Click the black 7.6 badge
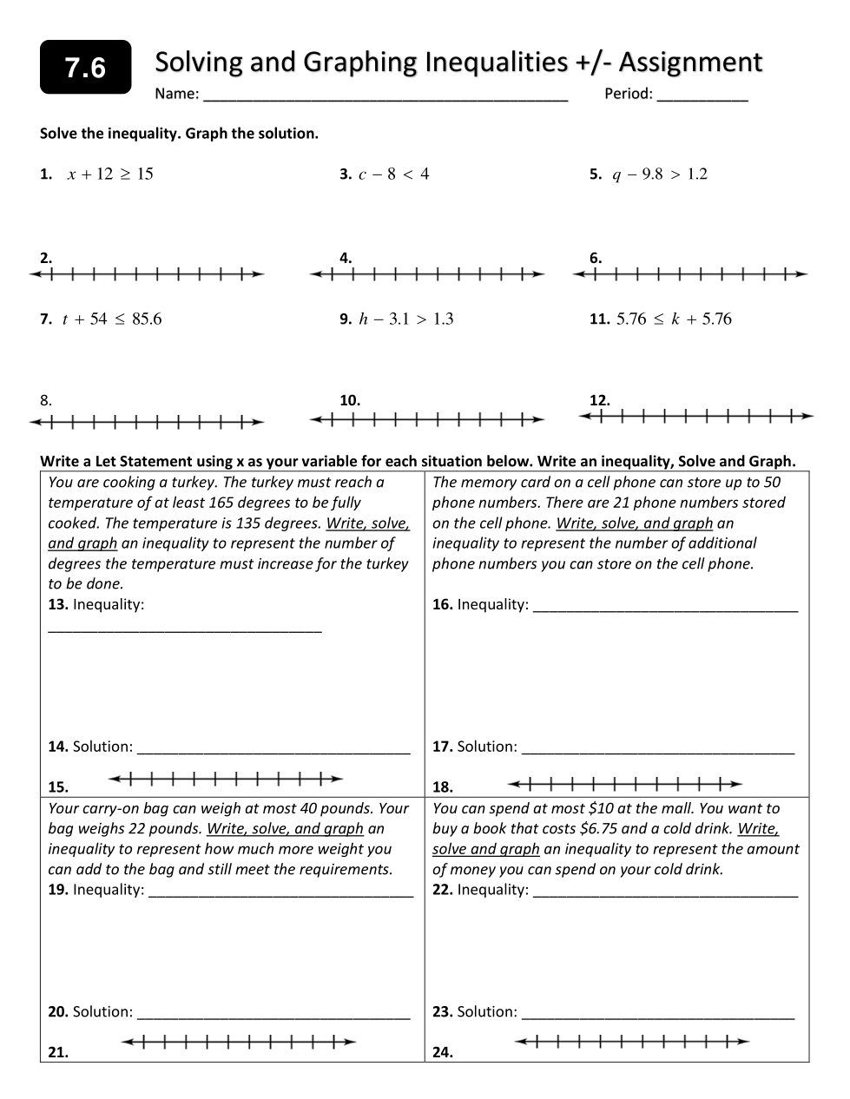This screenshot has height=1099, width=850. [x=85, y=67]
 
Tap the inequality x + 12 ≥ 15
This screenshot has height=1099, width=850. [x=110, y=174]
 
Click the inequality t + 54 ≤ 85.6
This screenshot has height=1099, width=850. [x=112, y=319]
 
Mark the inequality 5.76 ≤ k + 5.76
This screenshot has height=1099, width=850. [x=674, y=319]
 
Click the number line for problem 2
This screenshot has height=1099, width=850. [x=147, y=275]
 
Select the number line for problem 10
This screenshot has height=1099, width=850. [x=427, y=421]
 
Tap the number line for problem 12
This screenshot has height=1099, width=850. [x=696, y=416]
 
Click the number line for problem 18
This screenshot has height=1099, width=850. [x=625, y=785]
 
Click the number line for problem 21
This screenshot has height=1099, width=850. [x=238, y=1042]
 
